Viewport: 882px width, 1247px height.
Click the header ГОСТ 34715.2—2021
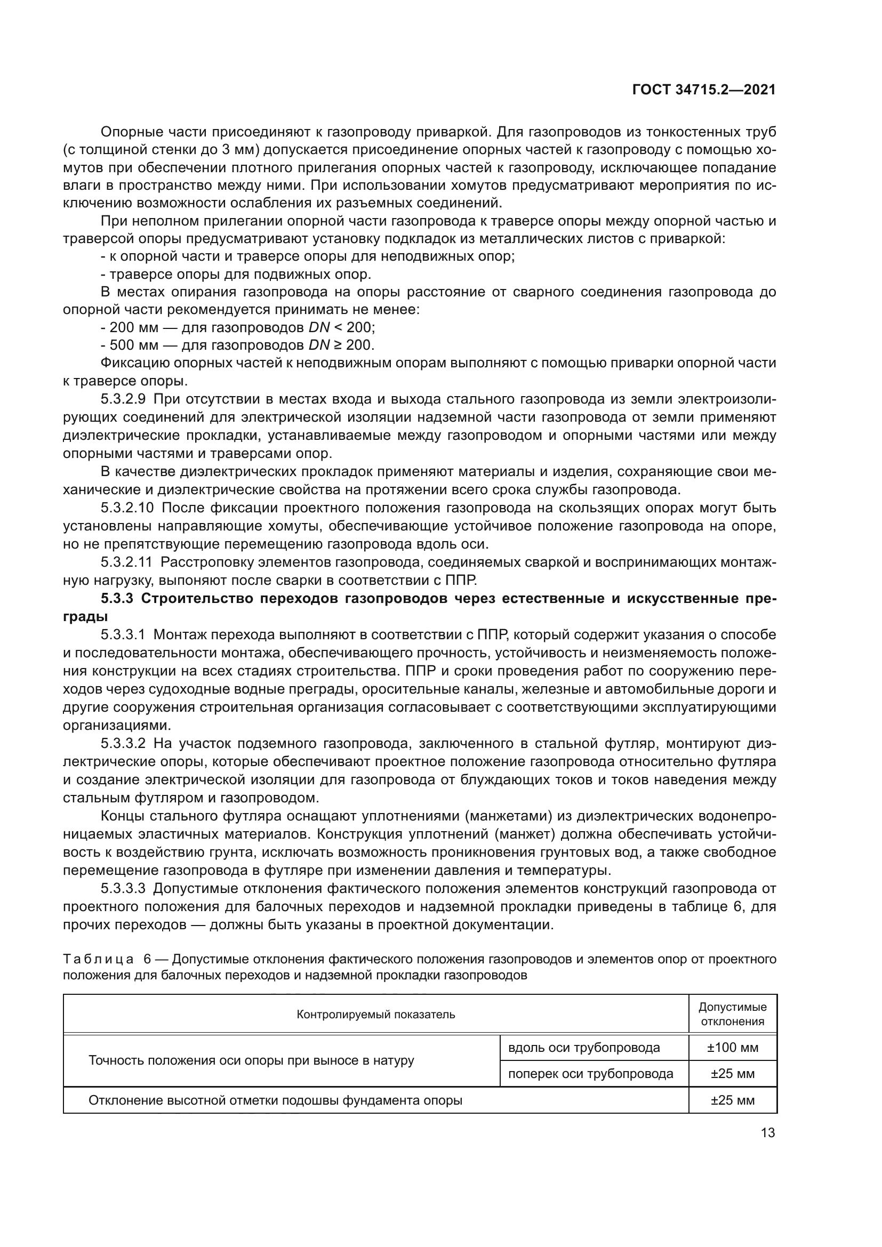coord(704,90)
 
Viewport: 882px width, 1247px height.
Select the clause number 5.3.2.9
coord(123,399)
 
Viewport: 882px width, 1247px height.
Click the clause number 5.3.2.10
coord(127,508)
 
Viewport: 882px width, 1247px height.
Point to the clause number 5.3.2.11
coord(126,562)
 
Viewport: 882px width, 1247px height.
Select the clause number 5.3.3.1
coord(123,634)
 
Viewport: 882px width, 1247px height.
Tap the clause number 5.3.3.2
coord(123,743)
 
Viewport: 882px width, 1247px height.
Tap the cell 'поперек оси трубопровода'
coord(590,1073)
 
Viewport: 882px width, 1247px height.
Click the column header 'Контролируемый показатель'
coord(375,1014)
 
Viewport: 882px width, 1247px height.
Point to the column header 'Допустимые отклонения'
coord(732,1014)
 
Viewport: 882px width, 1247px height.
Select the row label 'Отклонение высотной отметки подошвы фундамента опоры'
coord(275,1100)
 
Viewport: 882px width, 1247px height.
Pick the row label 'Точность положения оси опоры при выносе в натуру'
coord(251,1060)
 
